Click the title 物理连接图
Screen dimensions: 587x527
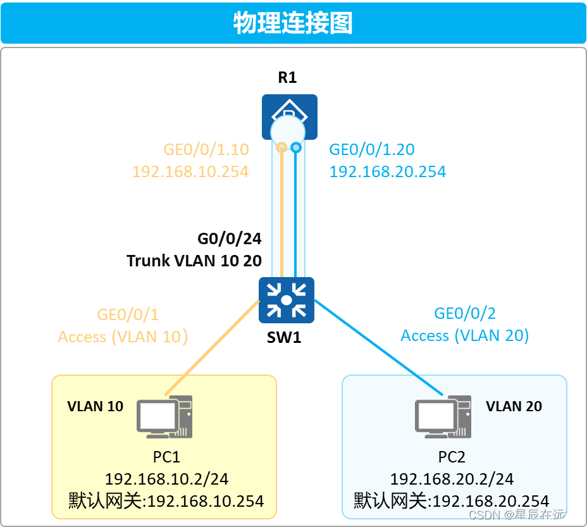tap(293, 23)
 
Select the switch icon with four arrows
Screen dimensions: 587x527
tap(287, 299)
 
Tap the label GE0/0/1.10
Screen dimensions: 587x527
tap(206, 149)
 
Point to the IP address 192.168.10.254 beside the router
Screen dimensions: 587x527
tap(190, 171)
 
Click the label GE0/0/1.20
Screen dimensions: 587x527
tap(372, 149)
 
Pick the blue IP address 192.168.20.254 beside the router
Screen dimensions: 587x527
tap(388, 171)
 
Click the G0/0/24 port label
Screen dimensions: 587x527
tap(230, 239)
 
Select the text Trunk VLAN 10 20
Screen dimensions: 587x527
tap(194, 260)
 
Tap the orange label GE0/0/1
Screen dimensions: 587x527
tap(127, 314)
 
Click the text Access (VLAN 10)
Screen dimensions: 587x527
tap(123, 336)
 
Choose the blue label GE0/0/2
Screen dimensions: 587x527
tap(465, 313)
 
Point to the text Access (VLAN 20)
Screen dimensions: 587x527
tap(465, 335)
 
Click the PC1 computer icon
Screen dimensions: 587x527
tap(164, 417)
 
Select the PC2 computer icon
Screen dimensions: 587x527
tap(443, 417)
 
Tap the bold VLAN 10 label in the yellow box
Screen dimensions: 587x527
tap(96, 406)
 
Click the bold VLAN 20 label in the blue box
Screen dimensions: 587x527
tap(514, 406)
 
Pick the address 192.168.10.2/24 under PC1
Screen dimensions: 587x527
tap(166, 479)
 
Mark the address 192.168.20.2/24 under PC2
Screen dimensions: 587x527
tap(452, 479)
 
